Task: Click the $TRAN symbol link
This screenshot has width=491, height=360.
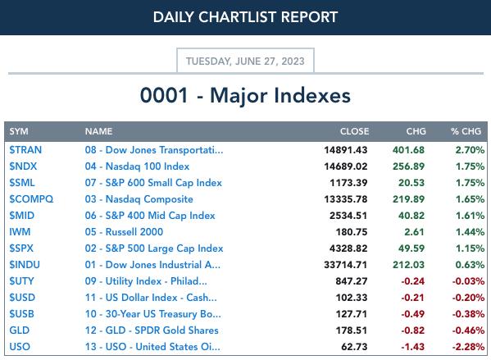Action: pyautogui.click(x=25, y=150)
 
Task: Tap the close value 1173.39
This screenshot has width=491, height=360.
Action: pyautogui.click(x=348, y=183)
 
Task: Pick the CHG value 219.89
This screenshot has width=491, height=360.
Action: pyautogui.click(x=409, y=199)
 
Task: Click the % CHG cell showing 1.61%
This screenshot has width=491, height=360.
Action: pyautogui.click(x=470, y=216)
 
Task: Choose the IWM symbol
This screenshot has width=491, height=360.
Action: pyautogui.click(x=20, y=232)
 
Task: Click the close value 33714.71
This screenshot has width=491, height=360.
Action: pyautogui.click(x=345, y=265)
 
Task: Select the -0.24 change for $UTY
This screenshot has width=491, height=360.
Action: pyautogui.click(x=412, y=281)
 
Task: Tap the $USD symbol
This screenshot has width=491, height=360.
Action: pyautogui.click(x=22, y=298)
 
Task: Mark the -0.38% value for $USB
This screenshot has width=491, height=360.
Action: pyautogui.click(x=468, y=314)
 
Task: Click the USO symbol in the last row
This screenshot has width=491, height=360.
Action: pyautogui.click(x=20, y=347)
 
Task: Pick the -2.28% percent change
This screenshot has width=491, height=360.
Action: pyautogui.click(x=468, y=347)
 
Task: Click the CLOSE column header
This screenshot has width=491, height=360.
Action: pyautogui.click(x=354, y=131)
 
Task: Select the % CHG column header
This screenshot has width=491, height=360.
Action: pyautogui.click(x=466, y=131)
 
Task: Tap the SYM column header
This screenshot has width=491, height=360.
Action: pyautogui.click(x=19, y=131)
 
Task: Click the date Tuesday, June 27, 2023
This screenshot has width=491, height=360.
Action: pyautogui.click(x=245, y=62)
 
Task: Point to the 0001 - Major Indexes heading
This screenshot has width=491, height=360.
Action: pyautogui.click(x=245, y=95)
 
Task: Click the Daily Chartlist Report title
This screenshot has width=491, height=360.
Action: pyautogui.click(x=245, y=17)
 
